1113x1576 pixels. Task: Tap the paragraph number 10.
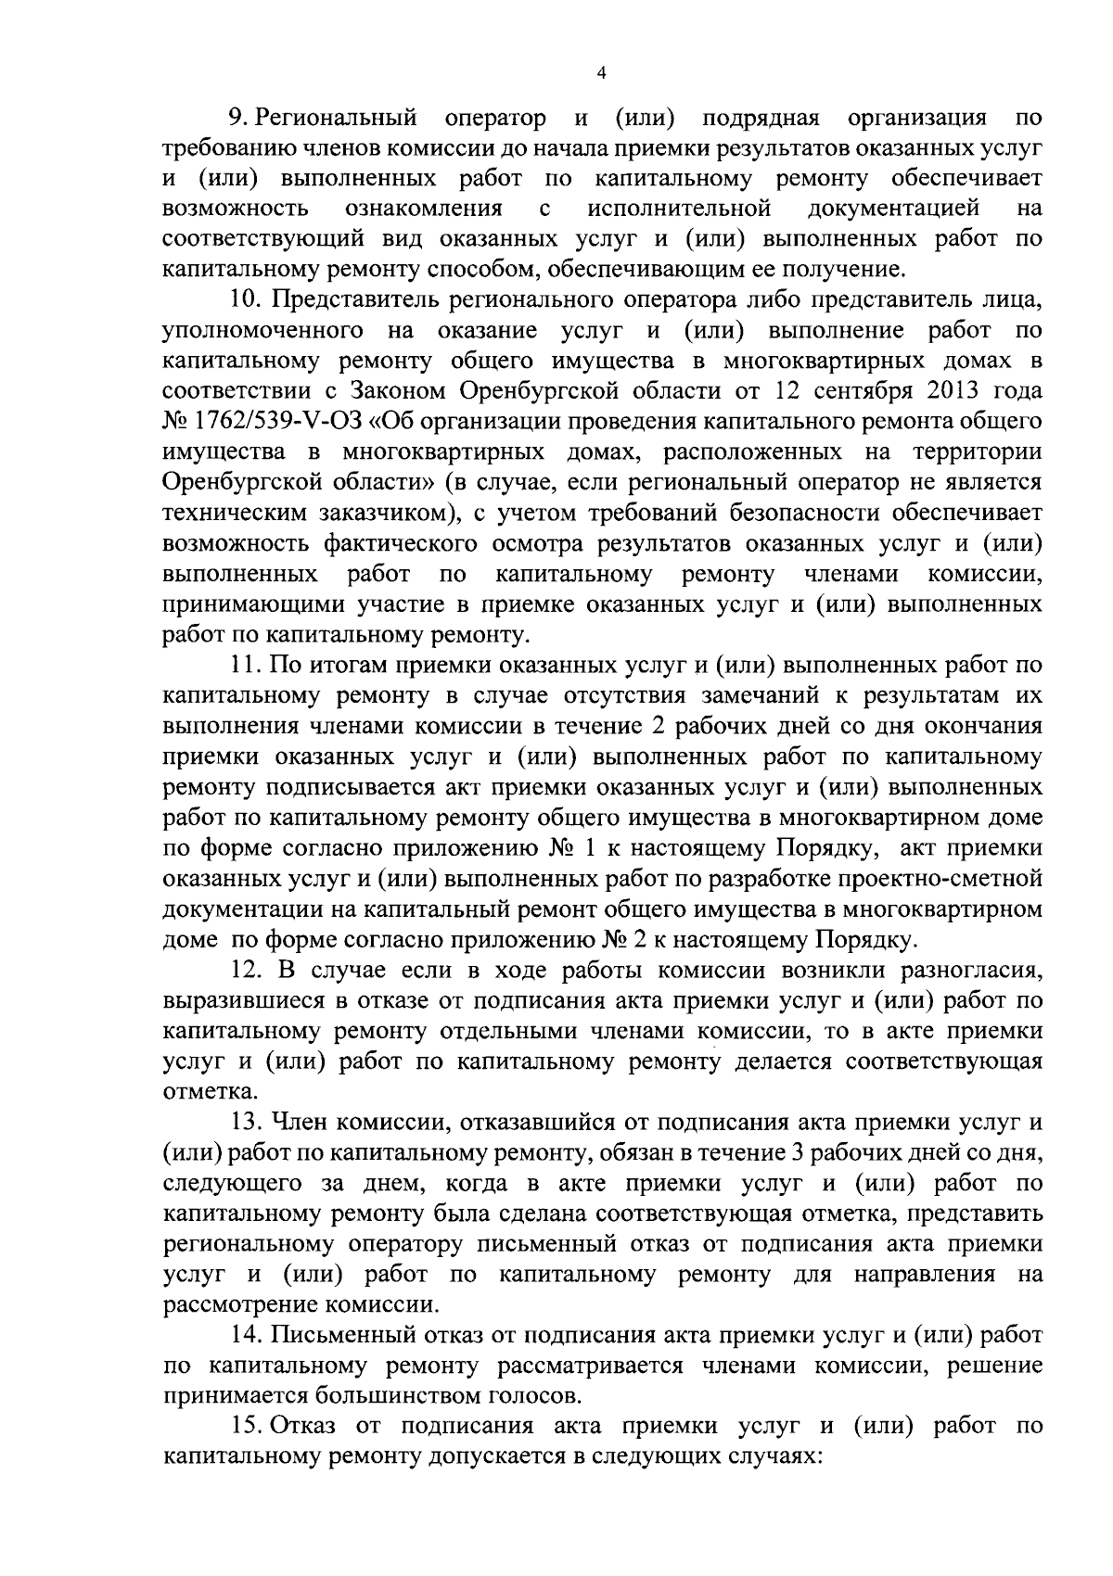click(x=243, y=300)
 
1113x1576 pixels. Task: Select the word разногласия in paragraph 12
click(x=970, y=969)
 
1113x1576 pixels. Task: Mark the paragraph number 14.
click(x=244, y=1335)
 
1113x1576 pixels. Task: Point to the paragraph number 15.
click(x=244, y=1426)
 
